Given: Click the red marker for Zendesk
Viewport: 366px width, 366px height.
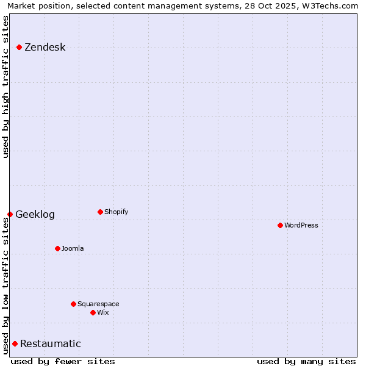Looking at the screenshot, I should pyautogui.click(x=19, y=47).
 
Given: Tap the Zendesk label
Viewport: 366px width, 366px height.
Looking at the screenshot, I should pyautogui.click(x=45, y=48).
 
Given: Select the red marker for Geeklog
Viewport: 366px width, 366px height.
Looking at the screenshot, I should pyautogui.click(x=10, y=214).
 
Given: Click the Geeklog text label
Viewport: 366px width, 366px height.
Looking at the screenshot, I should pyautogui.click(x=35, y=215).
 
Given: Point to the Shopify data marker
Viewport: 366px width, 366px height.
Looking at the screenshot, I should pyautogui.click(x=100, y=212).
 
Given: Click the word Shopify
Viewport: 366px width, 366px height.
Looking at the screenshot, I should pyautogui.click(x=116, y=212).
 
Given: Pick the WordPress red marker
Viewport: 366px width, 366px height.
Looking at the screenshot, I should pyautogui.click(x=280, y=225).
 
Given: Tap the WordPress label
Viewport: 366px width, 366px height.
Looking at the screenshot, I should pyautogui.click(x=301, y=226).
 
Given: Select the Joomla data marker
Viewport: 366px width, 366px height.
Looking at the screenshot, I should pyautogui.click(x=57, y=248).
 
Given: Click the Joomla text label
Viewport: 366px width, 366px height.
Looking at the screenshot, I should pyautogui.click(x=73, y=249).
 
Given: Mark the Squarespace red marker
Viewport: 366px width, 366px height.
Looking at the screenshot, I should pyautogui.click(x=73, y=304).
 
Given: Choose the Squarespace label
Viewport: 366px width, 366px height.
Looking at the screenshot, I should pyautogui.click(x=98, y=304).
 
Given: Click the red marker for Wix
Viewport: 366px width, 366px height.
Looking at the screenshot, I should pyautogui.click(x=93, y=312).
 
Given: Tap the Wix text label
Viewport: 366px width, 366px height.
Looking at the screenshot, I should pyautogui.click(x=103, y=313).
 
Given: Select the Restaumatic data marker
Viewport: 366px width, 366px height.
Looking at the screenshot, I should pyautogui.click(x=15, y=343).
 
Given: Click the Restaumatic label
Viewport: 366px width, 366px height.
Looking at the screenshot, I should pyautogui.click(x=50, y=344).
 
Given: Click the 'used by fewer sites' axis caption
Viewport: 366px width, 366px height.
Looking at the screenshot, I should pyautogui.click(x=63, y=361).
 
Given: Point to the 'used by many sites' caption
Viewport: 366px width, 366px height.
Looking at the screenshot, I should pyautogui.click(x=306, y=361).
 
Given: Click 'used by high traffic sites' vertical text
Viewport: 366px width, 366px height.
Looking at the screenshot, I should pyautogui.click(x=5, y=87).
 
